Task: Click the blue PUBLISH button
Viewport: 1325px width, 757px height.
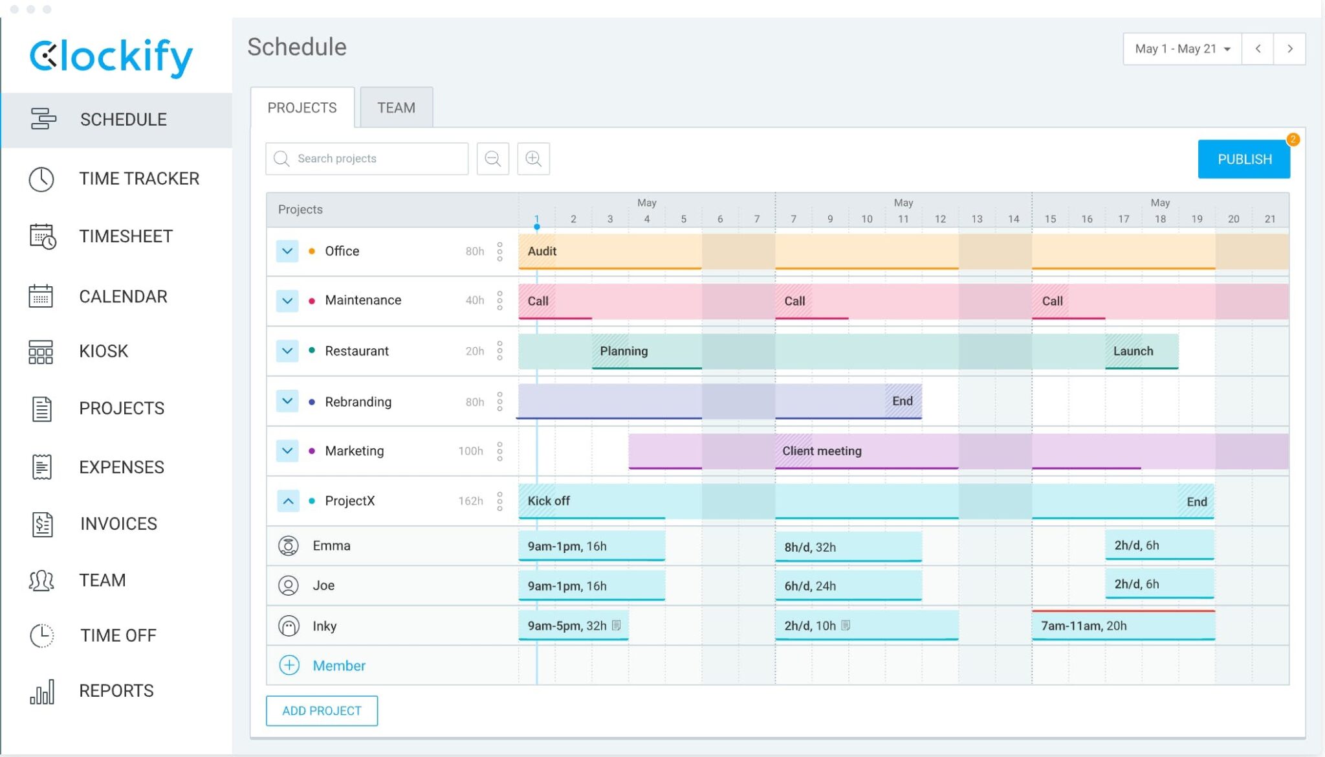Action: click(1243, 159)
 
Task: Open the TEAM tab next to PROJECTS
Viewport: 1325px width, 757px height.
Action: click(396, 107)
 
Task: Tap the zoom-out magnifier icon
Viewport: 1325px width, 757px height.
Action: click(492, 159)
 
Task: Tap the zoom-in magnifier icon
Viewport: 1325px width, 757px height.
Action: click(533, 159)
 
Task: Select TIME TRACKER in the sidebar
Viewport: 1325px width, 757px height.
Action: click(138, 179)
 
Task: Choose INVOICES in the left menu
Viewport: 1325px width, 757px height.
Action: click(118, 523)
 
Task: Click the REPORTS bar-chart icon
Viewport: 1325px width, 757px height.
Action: click(42, 692)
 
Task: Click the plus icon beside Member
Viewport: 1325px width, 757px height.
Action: click(289, 665)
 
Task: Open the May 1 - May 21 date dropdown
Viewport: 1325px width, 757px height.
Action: click(1182, 49)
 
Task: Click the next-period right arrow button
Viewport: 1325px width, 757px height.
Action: click(1289, 49)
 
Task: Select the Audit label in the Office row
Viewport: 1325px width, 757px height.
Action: click(542, 251)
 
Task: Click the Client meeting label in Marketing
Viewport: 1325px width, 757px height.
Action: click(822, 451)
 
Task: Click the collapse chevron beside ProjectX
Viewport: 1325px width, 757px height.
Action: click(288, 501)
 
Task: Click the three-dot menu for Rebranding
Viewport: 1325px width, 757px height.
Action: click(499, 401)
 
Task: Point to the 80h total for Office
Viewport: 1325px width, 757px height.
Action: click(474, 251)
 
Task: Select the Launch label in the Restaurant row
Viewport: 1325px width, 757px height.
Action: click(1133, 351)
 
